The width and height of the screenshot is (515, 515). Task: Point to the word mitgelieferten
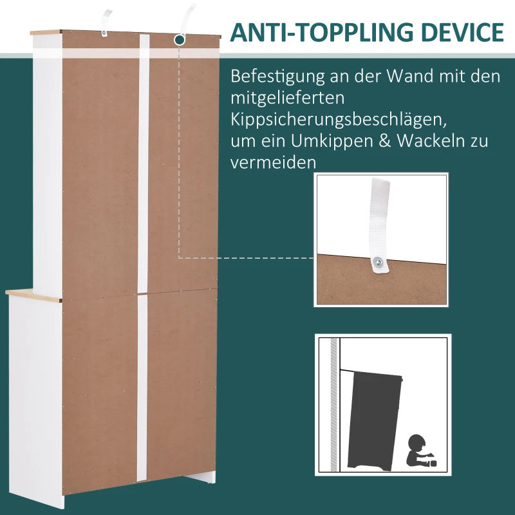tap(288, 98)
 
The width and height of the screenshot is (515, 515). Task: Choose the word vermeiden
tap(274, 162)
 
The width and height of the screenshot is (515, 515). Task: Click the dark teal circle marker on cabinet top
tap(180, 40)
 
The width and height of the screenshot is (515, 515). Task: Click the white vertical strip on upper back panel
tap(144, 161)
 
